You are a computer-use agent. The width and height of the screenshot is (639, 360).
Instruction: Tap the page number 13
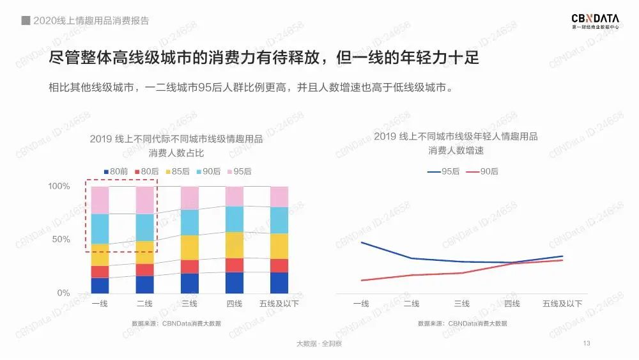587,344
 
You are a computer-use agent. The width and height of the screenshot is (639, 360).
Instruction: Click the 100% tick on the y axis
59,186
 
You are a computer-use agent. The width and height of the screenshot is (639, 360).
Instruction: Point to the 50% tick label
61,239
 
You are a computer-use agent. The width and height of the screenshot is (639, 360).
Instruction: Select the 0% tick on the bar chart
63,293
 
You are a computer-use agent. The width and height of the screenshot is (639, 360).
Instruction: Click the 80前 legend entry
116,171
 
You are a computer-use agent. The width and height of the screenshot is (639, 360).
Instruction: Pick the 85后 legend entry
177,171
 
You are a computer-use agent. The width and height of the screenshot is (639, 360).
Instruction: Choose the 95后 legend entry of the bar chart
238,171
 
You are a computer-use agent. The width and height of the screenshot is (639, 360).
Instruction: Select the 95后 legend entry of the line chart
440,171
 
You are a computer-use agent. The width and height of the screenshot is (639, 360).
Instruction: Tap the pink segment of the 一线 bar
100,200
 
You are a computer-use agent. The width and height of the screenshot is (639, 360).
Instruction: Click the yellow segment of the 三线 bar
190,247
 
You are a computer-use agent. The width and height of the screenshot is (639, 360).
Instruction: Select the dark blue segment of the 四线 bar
235,283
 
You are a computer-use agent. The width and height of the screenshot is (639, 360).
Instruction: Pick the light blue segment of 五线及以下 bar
279,220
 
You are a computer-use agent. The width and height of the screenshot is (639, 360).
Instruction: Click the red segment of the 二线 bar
144,270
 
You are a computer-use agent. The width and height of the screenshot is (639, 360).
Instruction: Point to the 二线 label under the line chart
411,304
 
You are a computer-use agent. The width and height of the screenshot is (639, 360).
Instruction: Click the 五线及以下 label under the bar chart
279,304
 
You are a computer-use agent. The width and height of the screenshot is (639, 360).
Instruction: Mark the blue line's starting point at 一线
361,242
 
